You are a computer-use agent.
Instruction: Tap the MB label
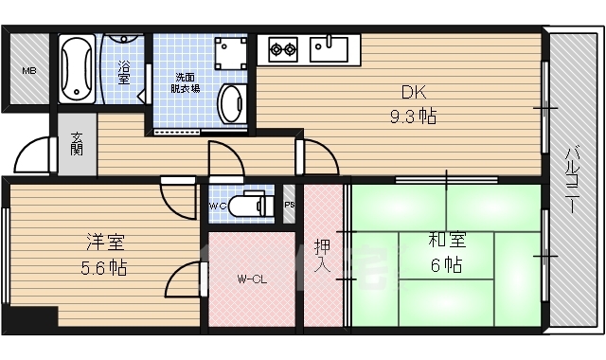point(28,71)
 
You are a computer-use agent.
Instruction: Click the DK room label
point(413,93)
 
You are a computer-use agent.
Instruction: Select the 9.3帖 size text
point(413,117)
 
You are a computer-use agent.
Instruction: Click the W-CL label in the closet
point(251,279)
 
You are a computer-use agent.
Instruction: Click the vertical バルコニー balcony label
point(573,180)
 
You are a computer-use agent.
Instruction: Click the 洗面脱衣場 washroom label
point(187,82)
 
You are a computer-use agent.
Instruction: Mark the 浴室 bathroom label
point(123,73)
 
